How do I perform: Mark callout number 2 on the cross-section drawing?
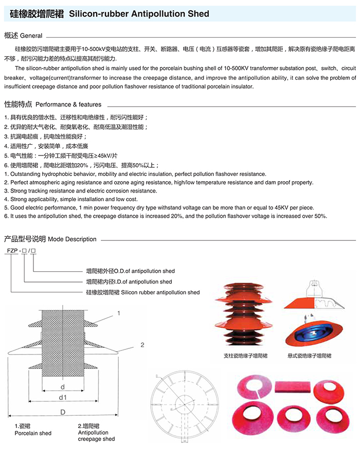(x=141, y=344)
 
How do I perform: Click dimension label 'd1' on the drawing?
(x=63, y=397)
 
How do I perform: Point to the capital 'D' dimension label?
(x=63, y=413)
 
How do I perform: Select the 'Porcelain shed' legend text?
(x=33, y=433)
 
